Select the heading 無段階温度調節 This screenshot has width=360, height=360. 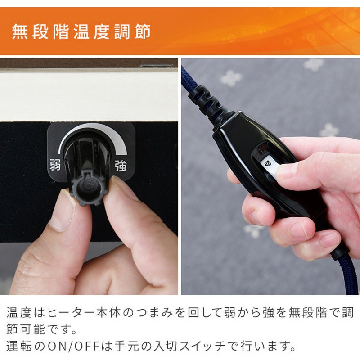[81, 32]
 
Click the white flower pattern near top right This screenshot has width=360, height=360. [314, 64]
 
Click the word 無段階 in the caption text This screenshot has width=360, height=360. [288, 312]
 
